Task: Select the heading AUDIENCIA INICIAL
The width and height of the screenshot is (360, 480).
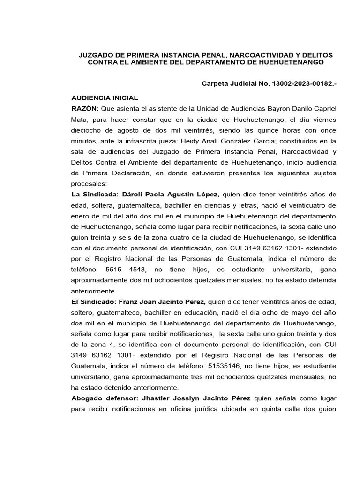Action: [x=105, y=98]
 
